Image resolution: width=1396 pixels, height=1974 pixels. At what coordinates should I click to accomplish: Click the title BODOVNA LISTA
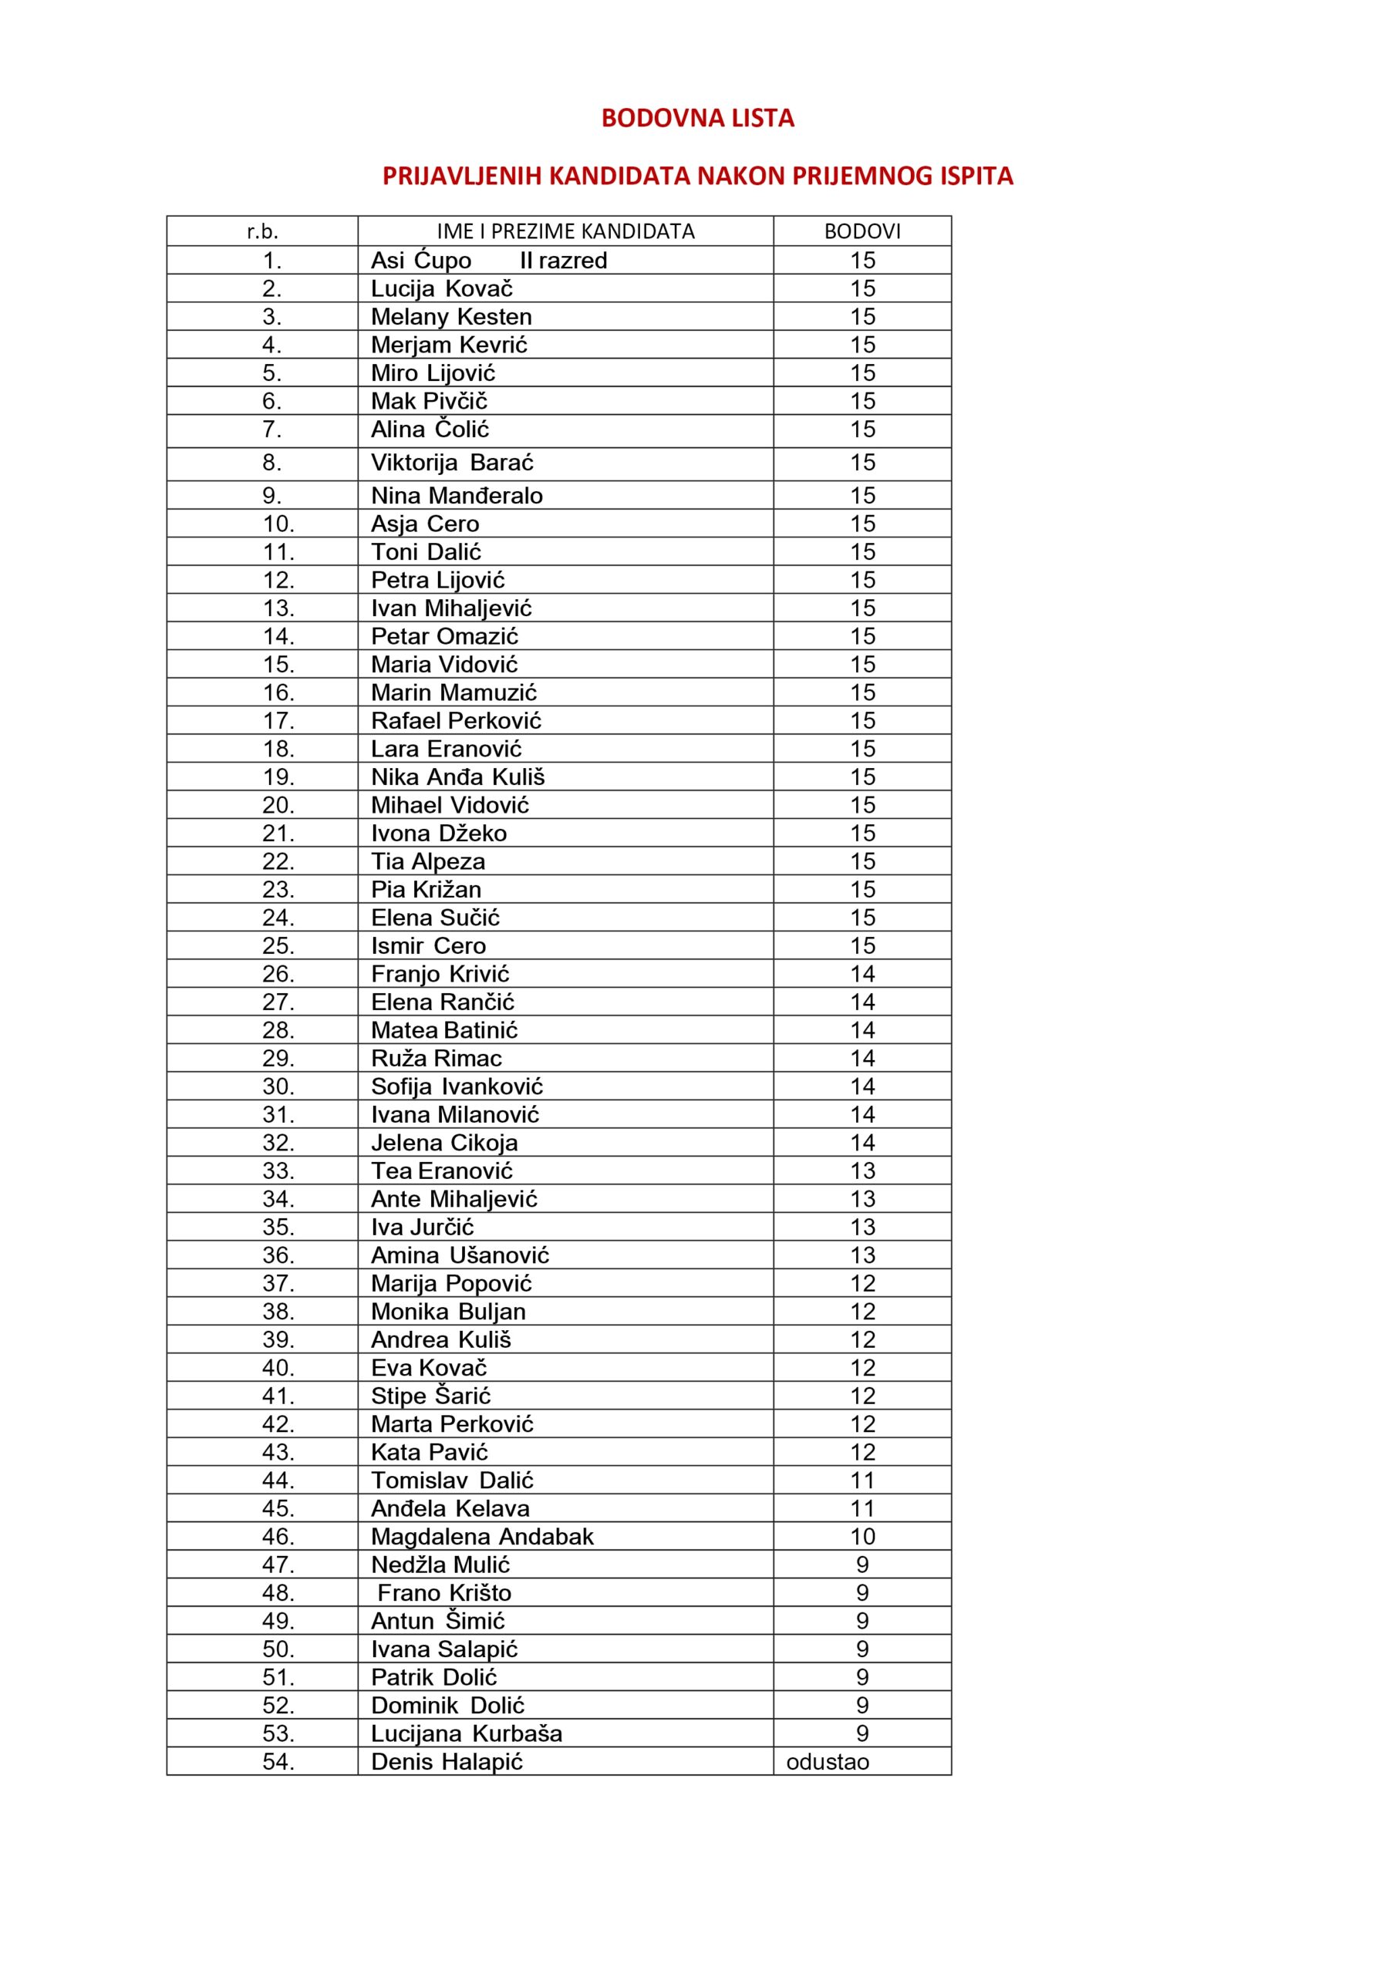click(x=697, y=119)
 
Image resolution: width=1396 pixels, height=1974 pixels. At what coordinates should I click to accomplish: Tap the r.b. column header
click(x=262, y=231)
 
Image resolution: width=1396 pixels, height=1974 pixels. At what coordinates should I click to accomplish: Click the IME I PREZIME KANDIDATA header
click(x=565, y=231)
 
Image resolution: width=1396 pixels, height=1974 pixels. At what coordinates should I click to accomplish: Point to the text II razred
click(x=563, y=261)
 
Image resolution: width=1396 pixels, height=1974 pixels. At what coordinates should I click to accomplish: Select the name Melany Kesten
click(x=451, y=316)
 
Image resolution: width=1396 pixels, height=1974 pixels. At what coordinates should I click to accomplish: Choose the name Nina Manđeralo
click(x=457, y=496)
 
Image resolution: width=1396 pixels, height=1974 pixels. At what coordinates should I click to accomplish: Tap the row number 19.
click(x=278, y=777)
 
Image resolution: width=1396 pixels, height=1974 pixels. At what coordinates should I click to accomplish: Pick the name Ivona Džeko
click(x=439, y=833)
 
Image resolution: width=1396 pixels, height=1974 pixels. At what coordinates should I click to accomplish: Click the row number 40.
click(x=278, y=1368)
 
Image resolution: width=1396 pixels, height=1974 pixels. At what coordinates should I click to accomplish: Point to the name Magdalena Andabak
click(x=482, y=1536)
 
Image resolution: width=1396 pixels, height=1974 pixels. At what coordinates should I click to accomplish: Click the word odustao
click(x=828, y=1763)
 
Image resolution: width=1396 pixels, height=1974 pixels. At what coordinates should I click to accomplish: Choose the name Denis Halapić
click(x=447, y=1763)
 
